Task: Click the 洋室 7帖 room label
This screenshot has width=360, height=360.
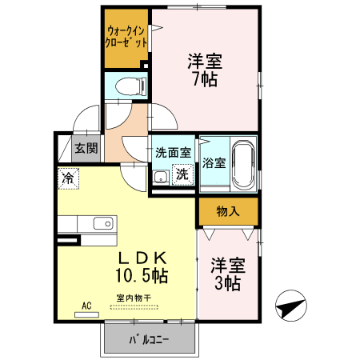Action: (205, 70)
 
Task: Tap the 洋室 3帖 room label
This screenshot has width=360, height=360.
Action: (227, 273)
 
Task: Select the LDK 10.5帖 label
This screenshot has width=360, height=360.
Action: (143, 267)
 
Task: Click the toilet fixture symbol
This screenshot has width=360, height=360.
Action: (128, 86)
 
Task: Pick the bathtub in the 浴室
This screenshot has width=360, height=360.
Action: (242, 165)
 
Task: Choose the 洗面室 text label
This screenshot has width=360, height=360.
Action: (173, 152)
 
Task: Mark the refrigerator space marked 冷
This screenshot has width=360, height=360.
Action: (68, 178)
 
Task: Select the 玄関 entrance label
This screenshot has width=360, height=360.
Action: (86, 148)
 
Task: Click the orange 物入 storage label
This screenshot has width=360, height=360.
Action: (228, 211)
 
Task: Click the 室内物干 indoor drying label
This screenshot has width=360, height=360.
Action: (134, 298)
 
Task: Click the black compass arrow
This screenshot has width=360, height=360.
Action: (290, 306)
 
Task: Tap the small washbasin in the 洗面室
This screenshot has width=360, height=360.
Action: (159, 177)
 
